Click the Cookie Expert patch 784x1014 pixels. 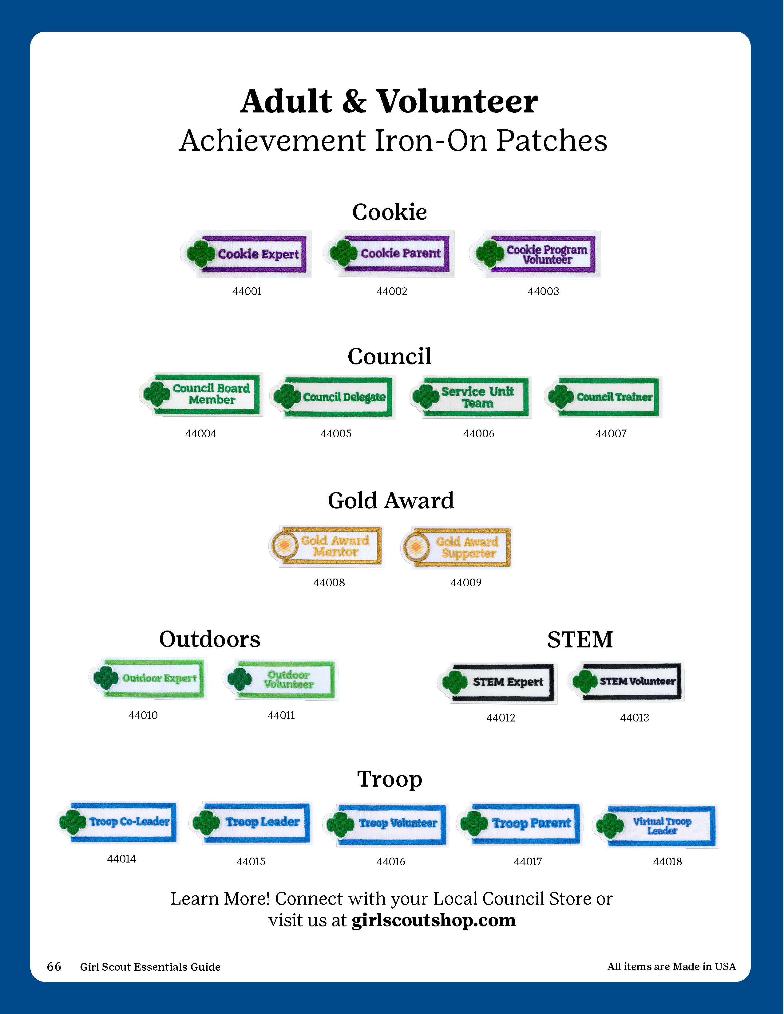246,254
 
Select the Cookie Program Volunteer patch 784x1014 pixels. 535,254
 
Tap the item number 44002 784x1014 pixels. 391,292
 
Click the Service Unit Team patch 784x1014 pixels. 471,397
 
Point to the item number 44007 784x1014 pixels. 611,434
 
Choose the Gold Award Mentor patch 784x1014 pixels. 327,546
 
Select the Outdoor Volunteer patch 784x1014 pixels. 280,679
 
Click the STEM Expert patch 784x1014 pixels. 497,682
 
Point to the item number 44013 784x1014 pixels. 635,718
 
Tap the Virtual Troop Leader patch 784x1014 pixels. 656,826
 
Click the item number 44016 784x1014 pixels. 390,862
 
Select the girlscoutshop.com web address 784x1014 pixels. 433,920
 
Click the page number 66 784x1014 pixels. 54,967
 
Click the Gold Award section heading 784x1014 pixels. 390,501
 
